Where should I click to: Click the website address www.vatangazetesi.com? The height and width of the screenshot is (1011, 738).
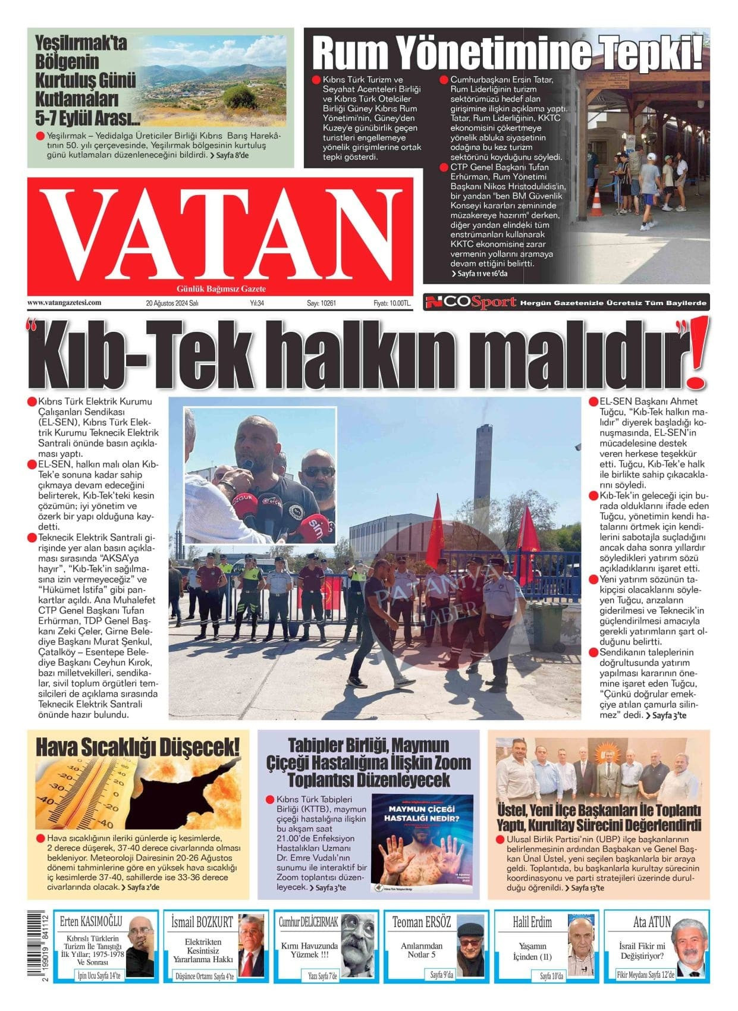[64, 302]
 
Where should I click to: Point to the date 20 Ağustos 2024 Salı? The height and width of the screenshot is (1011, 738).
[172, 303]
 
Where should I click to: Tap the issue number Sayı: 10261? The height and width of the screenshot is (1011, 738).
[322, 303]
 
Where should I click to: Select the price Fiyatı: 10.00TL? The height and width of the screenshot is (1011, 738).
[392, 303]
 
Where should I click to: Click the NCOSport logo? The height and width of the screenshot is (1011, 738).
[470, 303]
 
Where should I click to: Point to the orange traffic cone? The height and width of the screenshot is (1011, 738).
[596, 202]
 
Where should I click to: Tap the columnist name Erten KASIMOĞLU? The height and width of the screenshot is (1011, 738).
[91, 922]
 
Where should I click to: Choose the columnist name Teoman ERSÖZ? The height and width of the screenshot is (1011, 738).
[422, 922]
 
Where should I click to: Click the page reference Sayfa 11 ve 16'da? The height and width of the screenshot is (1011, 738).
[480, 274]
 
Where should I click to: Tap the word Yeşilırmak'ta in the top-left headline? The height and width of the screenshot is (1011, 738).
[81, 43]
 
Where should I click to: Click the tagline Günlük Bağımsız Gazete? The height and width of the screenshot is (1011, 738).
[221, 289]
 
